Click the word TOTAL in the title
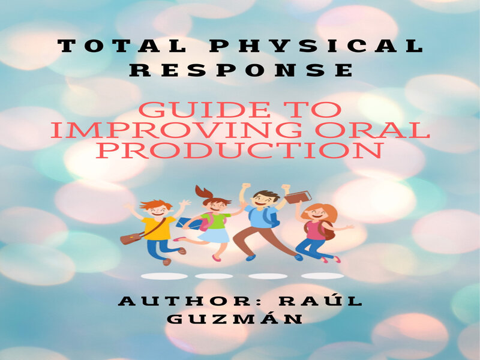122,46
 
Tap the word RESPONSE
241,70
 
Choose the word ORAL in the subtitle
373,130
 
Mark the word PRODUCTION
241,149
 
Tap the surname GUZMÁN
235,319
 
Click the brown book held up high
298,197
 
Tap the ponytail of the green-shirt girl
203,192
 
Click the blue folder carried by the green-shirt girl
188,223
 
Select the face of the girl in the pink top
317,213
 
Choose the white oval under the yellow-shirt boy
164,276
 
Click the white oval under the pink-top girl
323,276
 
